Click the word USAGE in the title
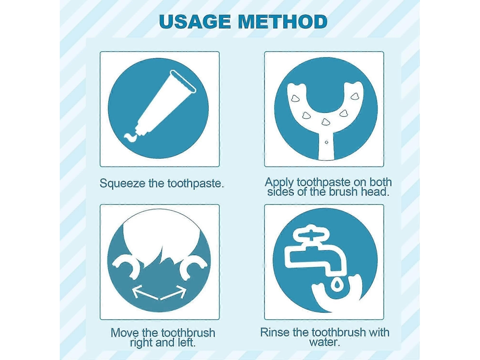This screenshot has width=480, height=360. click(195, 21)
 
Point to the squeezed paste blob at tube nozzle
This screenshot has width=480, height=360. click(131, 137)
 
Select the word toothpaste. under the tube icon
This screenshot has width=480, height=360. click(196, 183)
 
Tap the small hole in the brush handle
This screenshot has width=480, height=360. click(326, 142)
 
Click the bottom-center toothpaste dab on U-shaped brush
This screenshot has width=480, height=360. click(325, 122)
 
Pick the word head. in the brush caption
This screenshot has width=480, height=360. click(375, 192)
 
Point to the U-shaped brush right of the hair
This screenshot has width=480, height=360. click(193, 266)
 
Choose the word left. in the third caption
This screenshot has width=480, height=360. click(186, 342)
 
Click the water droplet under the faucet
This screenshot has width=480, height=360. click(337, 285)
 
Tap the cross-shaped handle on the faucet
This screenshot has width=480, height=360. click(311, 235)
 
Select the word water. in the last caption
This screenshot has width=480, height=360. click(325, 342)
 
